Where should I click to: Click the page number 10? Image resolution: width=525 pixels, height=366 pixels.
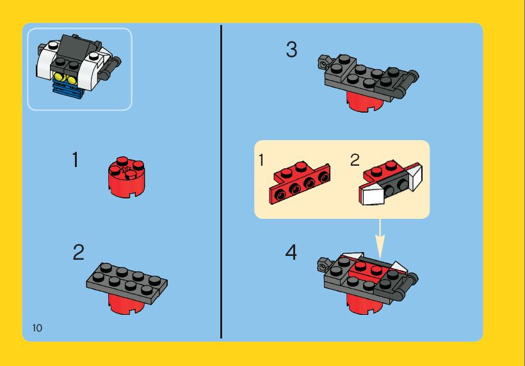coord(37,328)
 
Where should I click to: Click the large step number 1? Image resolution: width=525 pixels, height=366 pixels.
coord(76,159)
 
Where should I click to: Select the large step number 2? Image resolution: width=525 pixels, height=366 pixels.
coord(79,252)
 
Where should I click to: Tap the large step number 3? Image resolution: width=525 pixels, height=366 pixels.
coord(291,49)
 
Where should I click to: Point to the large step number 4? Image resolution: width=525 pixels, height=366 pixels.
coord(291,252)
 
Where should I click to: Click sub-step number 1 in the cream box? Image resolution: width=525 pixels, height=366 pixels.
coord(261,160)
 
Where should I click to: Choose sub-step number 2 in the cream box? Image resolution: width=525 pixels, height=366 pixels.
coord(355,160)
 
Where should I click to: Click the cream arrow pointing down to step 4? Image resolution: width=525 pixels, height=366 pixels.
coord(380,239)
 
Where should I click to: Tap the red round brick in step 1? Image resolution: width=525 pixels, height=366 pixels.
coord(127,177)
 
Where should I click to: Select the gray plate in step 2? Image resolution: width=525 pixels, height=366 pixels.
coord(127,283)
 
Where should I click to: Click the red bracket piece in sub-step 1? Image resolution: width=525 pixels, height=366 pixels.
coord(300,182)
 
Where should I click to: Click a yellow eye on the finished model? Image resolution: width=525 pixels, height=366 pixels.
coord(59,77)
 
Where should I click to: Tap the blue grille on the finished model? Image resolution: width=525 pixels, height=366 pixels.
coord(67,90)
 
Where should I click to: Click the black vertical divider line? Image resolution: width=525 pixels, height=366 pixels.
coord(221,182)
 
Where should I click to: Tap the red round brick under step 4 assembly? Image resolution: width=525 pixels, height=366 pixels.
coord(364,304)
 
